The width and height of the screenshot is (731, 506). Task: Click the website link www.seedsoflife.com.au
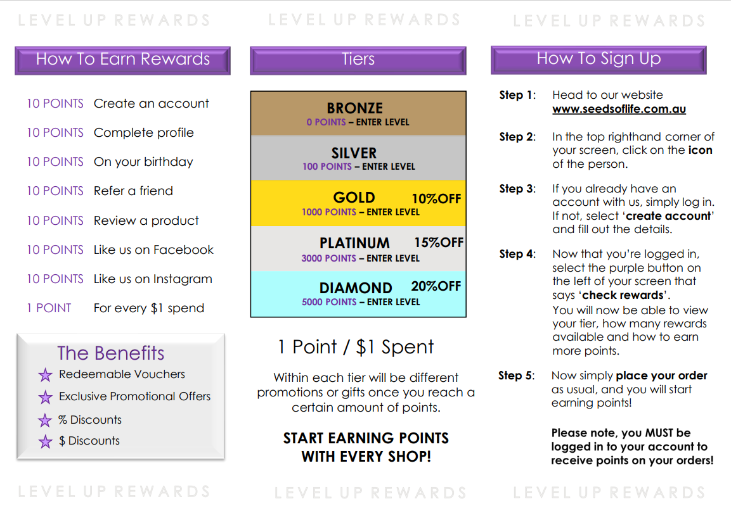pyautogui.click(x=619, y=109)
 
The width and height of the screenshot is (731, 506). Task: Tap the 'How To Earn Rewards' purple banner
pyautogui.click(x=122, y=60)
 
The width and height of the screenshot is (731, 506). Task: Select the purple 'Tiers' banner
pyautogui.click(x=358, y=60)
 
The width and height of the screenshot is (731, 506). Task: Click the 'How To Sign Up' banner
pyautogui.click(x=598, y=60)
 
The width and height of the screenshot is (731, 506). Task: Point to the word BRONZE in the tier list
pyautogui.click(x=355, y=108)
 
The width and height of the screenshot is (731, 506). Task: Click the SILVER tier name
pyautogui.click(x=354, y=153)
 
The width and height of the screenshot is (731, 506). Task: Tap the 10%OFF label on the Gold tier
pyautogui.click(x=436, y=199)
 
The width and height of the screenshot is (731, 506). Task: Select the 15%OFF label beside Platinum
pyautogui.click(x=439, y=243)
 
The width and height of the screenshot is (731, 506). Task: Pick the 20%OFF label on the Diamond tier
pyautogui.click(x=436, y=286)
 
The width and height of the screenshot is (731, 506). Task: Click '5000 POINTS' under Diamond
pyautogui.click(x=329, y=302)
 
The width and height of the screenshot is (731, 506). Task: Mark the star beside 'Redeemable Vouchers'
pyautogui.click(x=45, y=376)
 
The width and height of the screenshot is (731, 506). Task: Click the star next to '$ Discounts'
pyautogui.click(x=45, y=441)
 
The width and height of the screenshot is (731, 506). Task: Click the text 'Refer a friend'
pyautogui.click(x=133, y=191)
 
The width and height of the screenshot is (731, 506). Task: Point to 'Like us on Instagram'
pyautogui.click(x=153, y=279)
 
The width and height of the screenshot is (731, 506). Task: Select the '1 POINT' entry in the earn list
pyautogui.click(x=49, y=308)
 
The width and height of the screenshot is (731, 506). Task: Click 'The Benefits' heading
pyautogui.click(x=111, y=353)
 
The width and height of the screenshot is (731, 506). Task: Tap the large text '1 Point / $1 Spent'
pyautogui.click(x=356, y=347)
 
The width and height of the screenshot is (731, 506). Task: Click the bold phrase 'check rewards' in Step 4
pyautogui.click(x=623, y=295)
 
